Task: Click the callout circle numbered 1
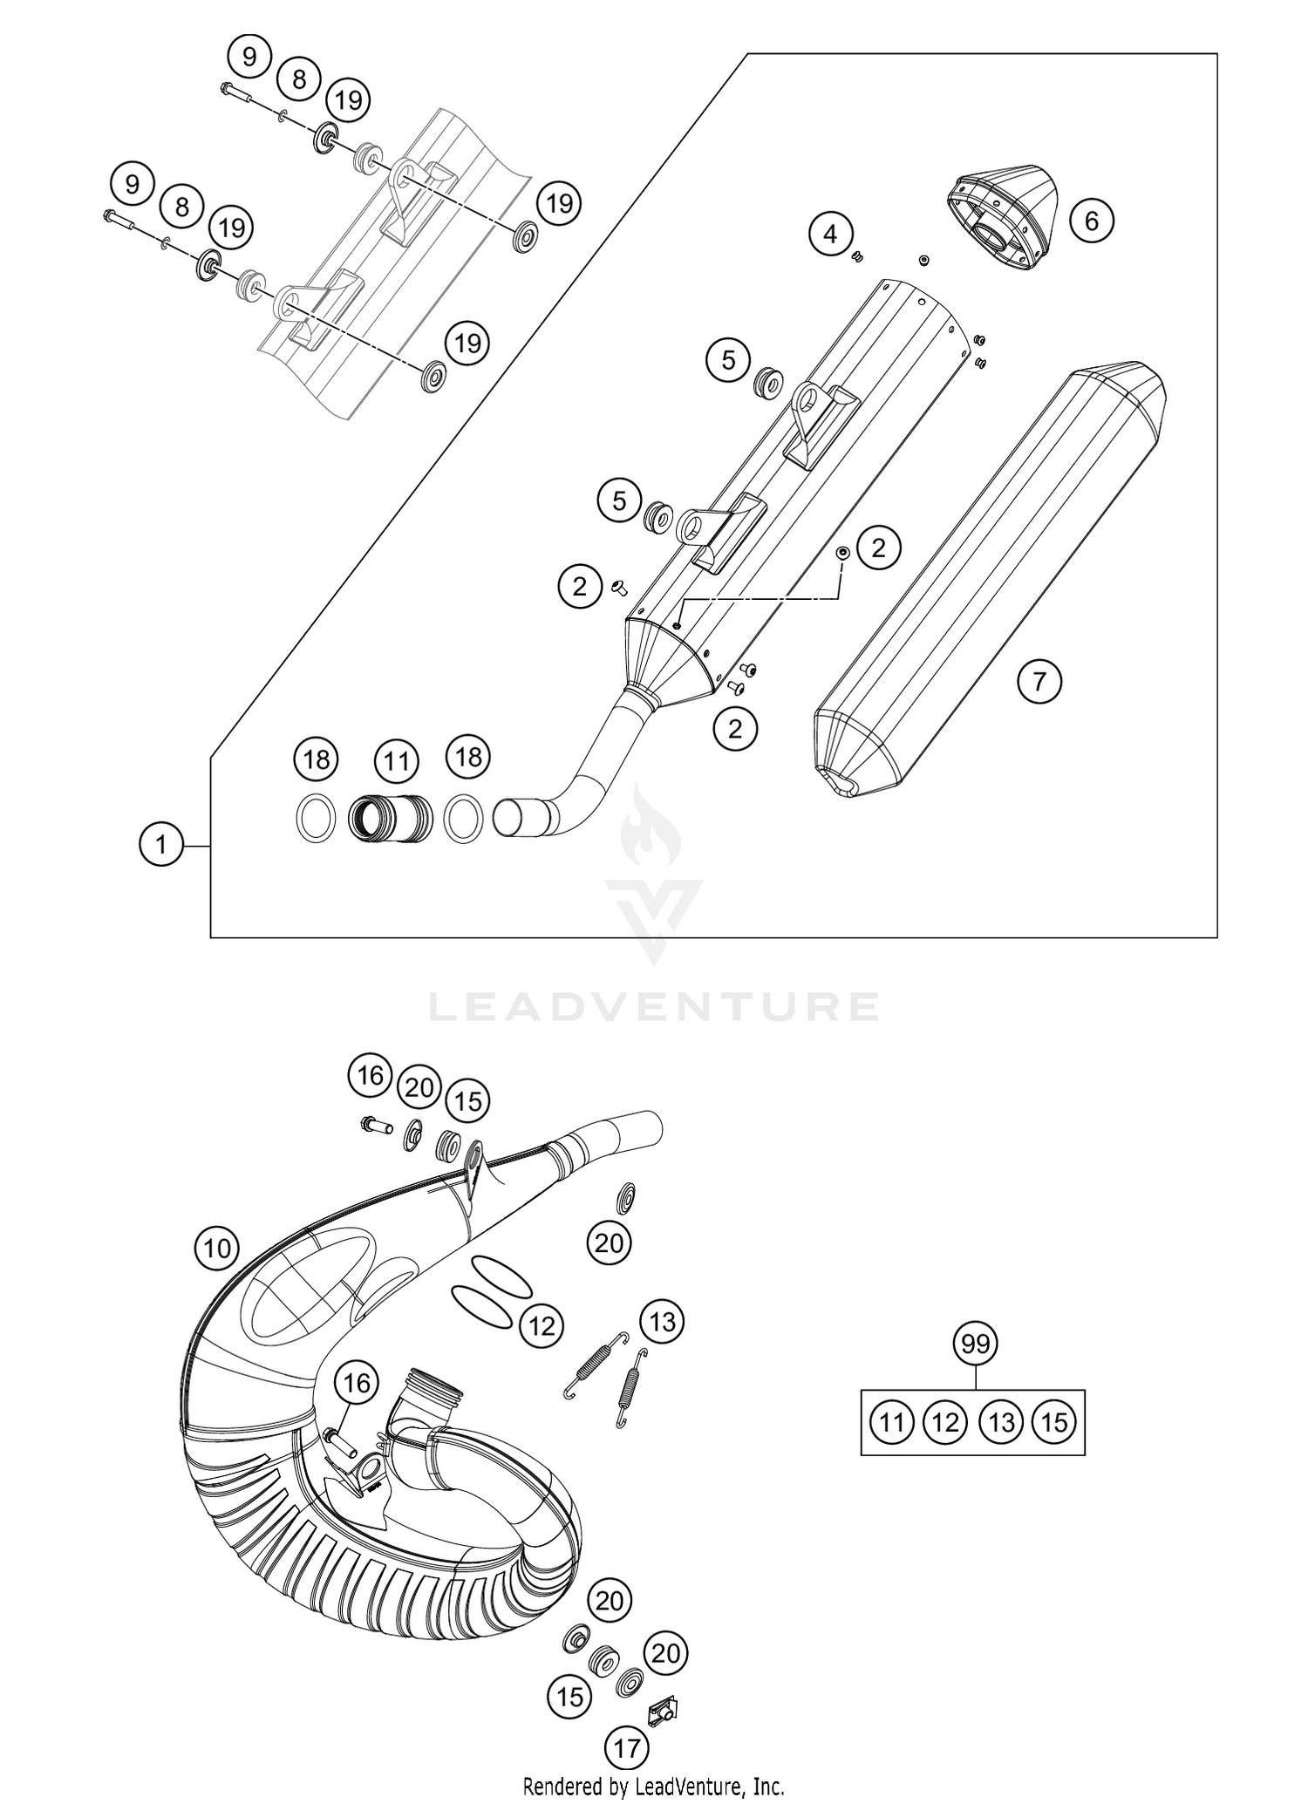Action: click(160, 844)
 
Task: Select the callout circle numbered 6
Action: click(1091, 221)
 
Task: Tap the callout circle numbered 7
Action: click(1039, 681)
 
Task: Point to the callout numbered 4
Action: click(829, 234)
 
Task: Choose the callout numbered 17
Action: click(626, 1746)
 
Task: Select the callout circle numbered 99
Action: click(975, 1344)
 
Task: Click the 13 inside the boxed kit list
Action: click(1001, 1423)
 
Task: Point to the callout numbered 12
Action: click(542, 1326)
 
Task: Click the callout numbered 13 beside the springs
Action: click(662, 1321)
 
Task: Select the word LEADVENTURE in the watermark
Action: click(654, 1005)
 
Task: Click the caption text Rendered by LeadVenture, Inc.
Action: click(653, 1785)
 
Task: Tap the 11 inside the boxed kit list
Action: click(890, 1423)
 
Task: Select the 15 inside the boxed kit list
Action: click(1054, 1423)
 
